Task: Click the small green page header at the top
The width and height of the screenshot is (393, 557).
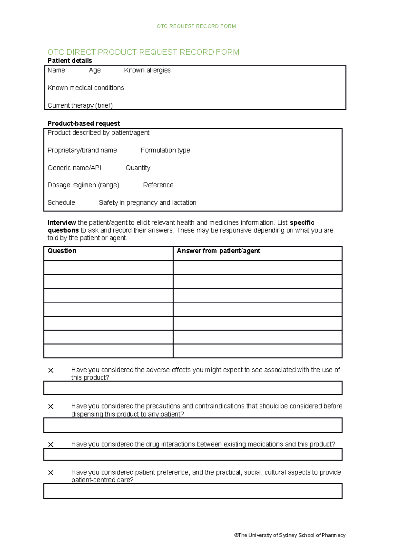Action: (196, 26)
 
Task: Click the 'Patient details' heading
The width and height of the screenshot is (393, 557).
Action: (70, 61)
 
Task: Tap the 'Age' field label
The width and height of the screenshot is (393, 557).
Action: (95, 70)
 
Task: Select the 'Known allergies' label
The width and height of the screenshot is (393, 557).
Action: (147, 70)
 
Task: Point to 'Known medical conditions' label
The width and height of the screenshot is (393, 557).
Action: (86, 88)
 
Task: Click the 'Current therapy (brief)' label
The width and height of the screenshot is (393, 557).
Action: (80, 105)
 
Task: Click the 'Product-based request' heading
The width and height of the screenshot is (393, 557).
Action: (84, 124)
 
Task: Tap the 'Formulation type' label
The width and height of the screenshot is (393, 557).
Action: (165, 150)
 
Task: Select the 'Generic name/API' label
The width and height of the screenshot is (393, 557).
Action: (74, 168)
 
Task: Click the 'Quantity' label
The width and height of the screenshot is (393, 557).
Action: (138, 168)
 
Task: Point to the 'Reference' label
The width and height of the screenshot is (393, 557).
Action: (158, 185)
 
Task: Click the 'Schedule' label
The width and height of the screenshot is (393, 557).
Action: (61, 203)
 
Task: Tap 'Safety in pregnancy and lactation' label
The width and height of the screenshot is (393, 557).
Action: (148, 203)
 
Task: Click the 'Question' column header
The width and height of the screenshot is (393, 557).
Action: (62, 251)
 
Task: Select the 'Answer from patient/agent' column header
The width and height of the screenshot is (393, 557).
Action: (218, 251)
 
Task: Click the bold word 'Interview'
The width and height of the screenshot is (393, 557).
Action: (62, 223)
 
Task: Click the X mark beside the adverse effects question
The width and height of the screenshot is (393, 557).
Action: (51, 370)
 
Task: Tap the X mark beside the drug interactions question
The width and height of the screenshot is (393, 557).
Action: (51, 445)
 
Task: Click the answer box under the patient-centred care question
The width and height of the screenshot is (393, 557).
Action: (193, 491)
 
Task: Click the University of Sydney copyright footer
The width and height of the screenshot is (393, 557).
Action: (290, 535)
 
